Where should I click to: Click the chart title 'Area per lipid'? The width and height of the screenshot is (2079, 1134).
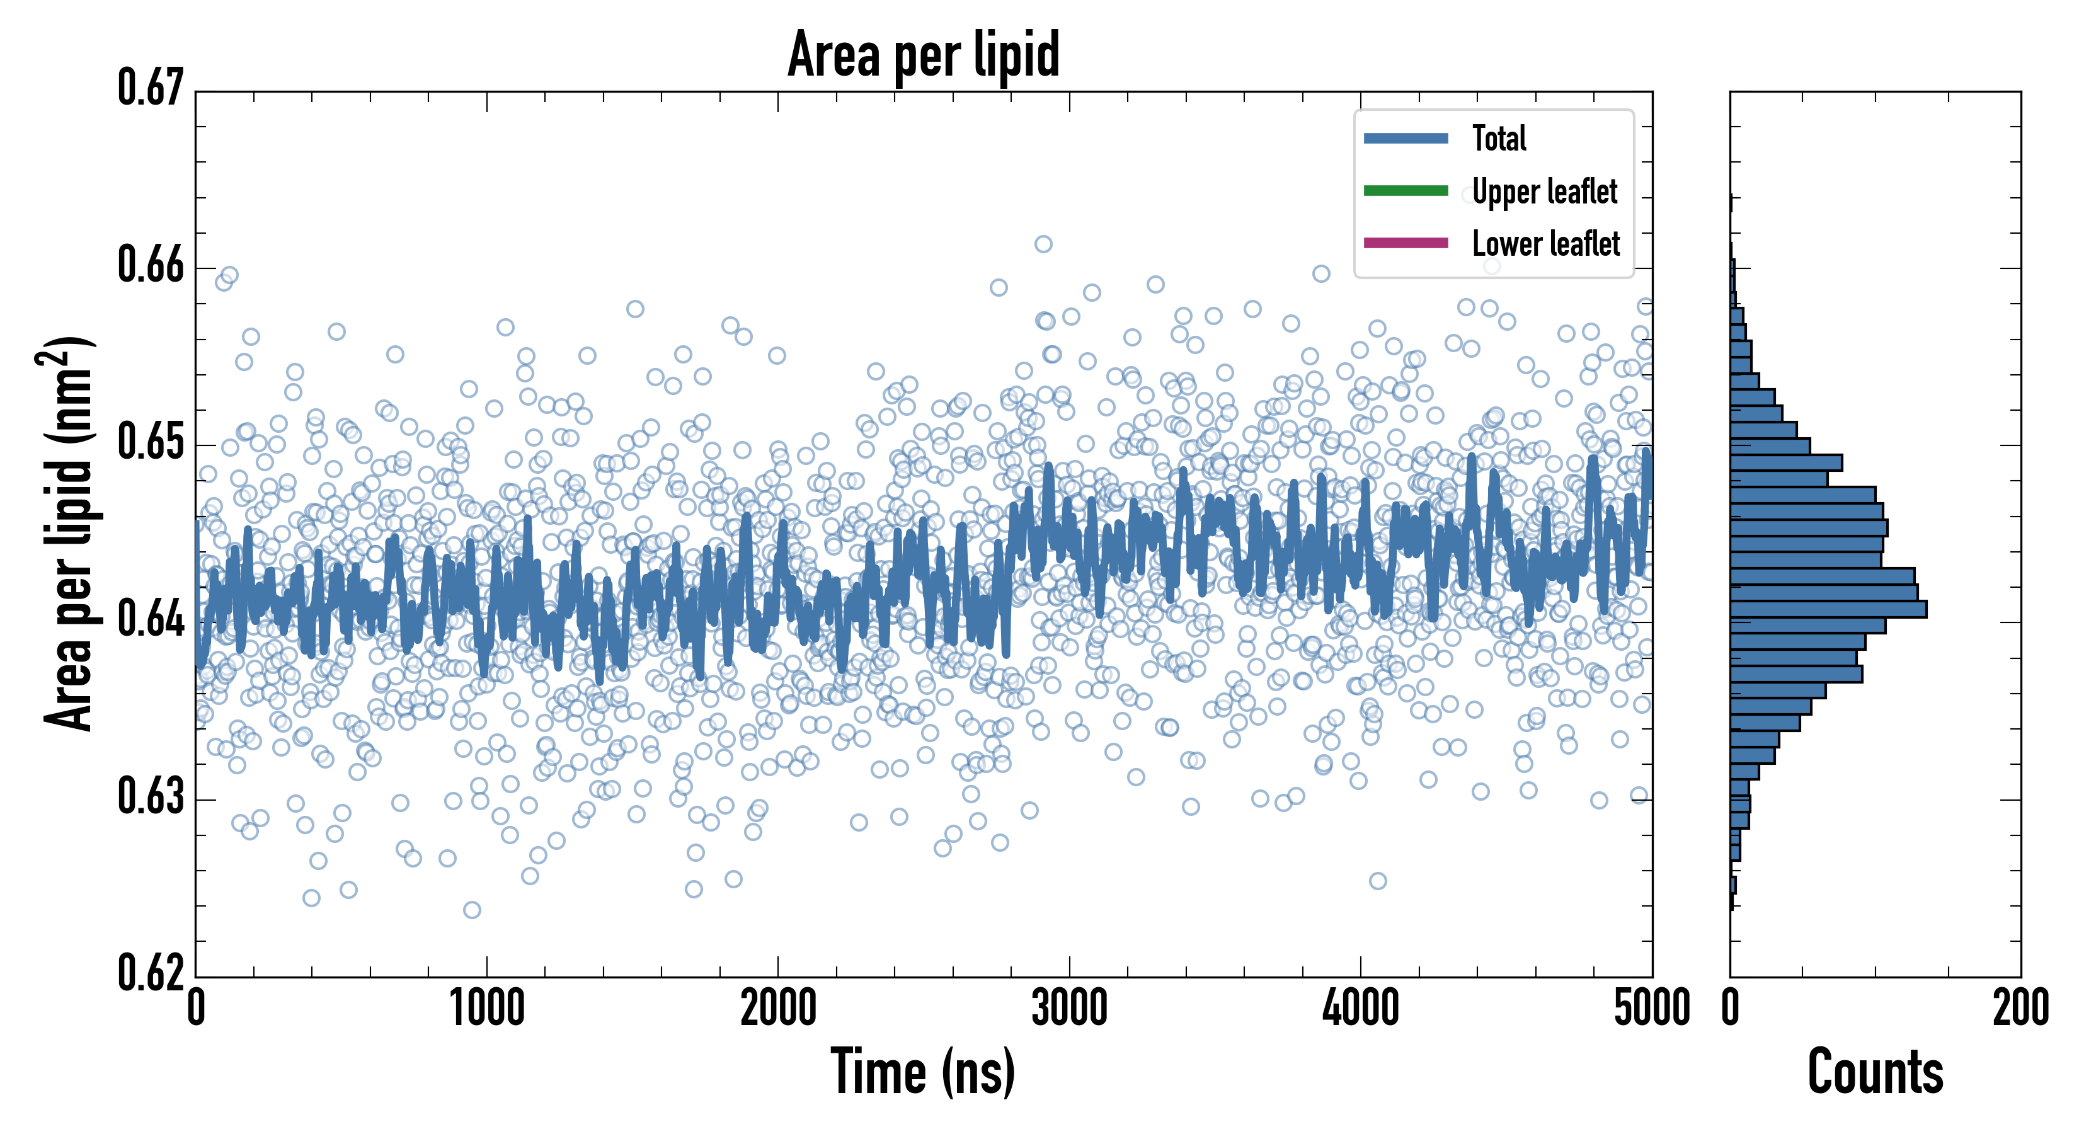[924, 54]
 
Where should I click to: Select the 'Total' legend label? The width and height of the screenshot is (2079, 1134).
[1499, 138]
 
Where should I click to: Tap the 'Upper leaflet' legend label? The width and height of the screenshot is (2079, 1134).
[1544, 192]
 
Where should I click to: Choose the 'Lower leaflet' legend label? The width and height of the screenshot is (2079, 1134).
[1545, 244]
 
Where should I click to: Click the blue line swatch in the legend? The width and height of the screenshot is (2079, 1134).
[1405, 138]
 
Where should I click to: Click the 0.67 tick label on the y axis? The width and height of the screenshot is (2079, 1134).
[151, 88]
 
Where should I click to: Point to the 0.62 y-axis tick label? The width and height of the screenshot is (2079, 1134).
[151, 973]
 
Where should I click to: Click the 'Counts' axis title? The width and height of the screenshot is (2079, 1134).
[1876, 1072]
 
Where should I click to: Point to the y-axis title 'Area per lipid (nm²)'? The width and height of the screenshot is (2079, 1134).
[69, 533]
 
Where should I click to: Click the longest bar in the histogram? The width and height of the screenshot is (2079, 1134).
[1828, 609]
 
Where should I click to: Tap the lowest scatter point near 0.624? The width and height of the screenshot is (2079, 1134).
[472, 910]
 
